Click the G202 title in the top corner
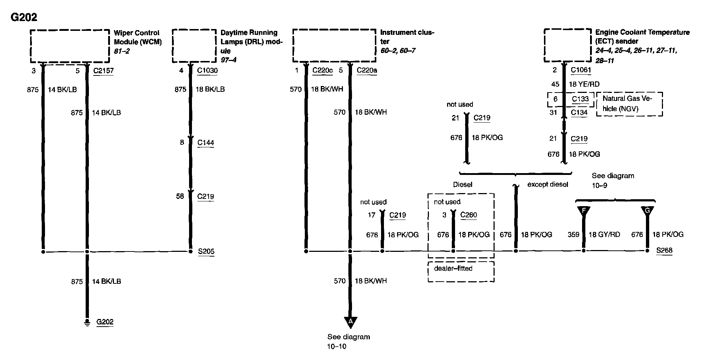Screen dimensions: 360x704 24,17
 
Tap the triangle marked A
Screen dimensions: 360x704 351,322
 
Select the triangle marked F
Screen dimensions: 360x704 584,211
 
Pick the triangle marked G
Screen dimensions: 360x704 647,211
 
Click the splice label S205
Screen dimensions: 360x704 206,251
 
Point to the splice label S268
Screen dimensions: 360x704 664,250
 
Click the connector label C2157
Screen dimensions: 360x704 103,70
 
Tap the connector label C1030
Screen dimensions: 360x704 207,70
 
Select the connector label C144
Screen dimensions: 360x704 206,143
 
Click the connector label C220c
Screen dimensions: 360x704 322,70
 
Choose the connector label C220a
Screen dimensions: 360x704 367,70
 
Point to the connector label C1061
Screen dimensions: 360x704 581,70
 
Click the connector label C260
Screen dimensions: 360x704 468,215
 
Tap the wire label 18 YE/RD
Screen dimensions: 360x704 584,84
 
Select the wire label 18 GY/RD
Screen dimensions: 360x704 604,234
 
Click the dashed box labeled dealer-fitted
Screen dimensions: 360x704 461,271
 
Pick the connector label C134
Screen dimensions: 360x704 579,112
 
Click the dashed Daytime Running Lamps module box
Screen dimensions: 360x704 194,46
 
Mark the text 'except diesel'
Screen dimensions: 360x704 548,184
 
